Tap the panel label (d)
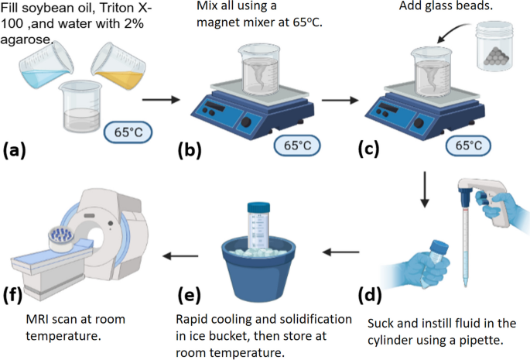(371, 294)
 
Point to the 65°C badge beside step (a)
(128, 132)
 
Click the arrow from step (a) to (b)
(160, 100)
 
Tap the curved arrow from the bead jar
(453, 31)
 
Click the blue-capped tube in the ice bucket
(260, 225)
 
